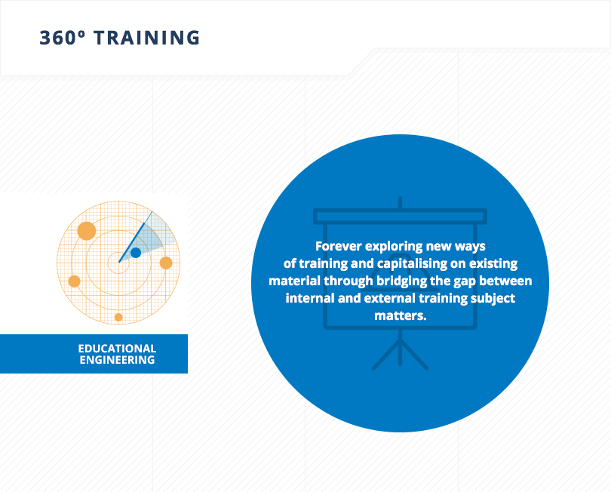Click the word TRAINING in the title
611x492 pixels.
coord(147,38)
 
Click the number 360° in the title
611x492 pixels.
coord(62,38)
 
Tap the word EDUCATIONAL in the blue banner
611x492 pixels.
coord(117,348)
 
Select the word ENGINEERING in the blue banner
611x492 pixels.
coord(117,360)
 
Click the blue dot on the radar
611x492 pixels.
coord(136,253)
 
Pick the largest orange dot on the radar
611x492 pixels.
coord(87,231)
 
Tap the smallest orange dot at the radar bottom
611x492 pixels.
coord(118,318)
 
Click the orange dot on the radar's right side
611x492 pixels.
coord(166,263)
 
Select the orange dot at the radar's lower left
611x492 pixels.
coord(74,281)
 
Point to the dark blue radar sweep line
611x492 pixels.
coord(135,237)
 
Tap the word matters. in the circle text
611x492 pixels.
coord(401,315)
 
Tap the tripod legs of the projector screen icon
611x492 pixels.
coord(401,354)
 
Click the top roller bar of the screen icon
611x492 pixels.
coord(401,217)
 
